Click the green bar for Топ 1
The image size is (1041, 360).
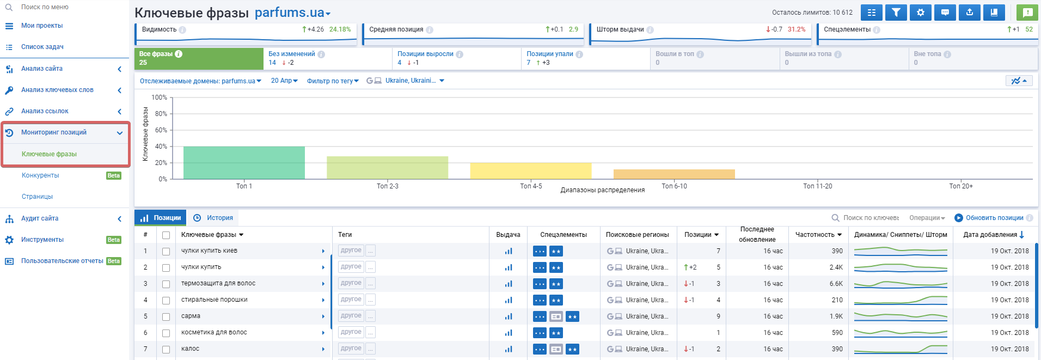click(x=244, y=163)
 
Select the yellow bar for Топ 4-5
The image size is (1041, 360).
click(x=531, y=171)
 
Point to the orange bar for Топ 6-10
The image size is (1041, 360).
click(x=674, y=174)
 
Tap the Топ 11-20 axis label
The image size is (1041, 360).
click(x=818, y=186)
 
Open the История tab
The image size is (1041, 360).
click(x=214, y=218)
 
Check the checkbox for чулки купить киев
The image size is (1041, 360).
click(x=166, y=252)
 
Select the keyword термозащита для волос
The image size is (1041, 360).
click(x=218, y=283)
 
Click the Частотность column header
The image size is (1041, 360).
click(x=818, y=235)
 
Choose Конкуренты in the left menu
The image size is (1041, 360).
click(x=40, y=175)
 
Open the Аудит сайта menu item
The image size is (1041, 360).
click(x=40, y=218)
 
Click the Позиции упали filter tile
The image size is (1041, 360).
click(x=585, y=58)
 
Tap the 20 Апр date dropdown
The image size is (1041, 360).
click(x=284, y=81)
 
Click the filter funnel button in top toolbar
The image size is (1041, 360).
click(x=896, y=13)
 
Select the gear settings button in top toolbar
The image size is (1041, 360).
click(x=921, y=13)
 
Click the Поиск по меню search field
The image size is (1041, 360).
click(x=45, y=7)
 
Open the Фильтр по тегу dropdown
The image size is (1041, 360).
click(x=333, y=81)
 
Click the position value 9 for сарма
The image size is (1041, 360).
click(x=718, y=316)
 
